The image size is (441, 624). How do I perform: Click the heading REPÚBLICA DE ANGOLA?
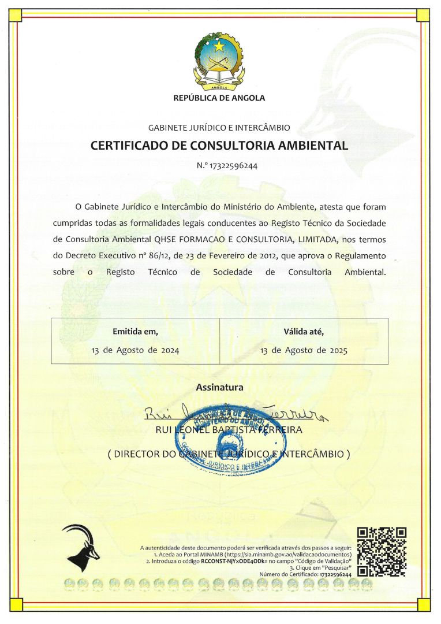pos(219,98)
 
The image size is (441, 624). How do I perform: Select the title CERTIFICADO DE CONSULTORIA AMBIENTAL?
pos(219,146)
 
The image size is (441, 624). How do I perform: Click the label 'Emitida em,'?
pos(135,332)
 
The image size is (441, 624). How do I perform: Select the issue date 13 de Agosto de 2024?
pos(136,350)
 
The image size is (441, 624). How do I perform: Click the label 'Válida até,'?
pos(304,332)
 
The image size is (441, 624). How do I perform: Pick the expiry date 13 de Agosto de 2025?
pos(304,350)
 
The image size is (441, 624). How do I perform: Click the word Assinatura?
pos(219,387)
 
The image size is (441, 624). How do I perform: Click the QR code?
pos(382,552)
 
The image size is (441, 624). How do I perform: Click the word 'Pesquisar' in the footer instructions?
pos(338,568)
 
